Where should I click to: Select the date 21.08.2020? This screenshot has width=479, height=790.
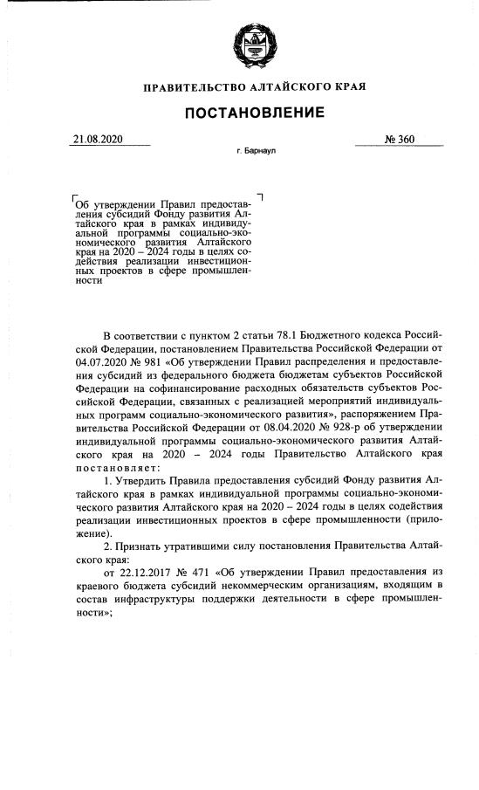99,138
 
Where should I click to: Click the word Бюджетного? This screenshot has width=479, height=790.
342,334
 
